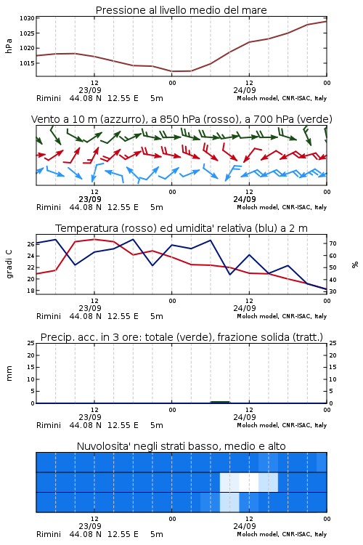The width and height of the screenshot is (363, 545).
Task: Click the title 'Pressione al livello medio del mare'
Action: (181, 10)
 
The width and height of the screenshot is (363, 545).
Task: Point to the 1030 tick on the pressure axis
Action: (27, 18)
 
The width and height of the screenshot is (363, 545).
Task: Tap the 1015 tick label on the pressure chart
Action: (27, 63)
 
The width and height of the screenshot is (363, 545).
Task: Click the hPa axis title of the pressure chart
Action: (9, 46)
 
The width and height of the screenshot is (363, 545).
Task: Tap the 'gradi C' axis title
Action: (9, 265)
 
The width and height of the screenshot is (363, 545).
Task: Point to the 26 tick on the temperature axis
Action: (30, 244)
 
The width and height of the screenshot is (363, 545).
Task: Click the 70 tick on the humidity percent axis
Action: (333, 243)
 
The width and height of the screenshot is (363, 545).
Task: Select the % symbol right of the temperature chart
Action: (355, 265)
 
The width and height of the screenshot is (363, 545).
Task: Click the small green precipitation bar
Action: (220, 402)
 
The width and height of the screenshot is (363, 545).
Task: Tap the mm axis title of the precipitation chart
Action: (9, 374)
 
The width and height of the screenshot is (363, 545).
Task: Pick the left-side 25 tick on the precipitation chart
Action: (30, 343)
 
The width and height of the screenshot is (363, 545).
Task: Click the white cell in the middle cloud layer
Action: (249, 482)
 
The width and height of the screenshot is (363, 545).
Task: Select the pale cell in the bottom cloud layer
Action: (229, 502)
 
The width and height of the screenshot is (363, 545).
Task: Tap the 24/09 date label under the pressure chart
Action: (245, 90)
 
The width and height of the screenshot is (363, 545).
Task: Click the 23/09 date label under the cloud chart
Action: (90, 526)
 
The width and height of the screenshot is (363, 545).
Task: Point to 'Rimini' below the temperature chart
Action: (49, 316)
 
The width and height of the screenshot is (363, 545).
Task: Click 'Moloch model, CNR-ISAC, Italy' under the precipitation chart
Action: (282, 425)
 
